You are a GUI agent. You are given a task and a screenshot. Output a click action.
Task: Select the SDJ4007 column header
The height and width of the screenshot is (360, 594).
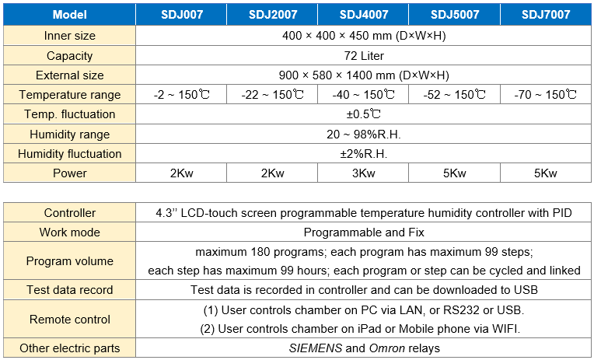pos(363,15)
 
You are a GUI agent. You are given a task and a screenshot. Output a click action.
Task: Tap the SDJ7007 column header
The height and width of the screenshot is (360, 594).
pos(545,15)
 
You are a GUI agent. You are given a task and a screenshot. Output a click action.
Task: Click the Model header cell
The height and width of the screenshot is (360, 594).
pos(70,15)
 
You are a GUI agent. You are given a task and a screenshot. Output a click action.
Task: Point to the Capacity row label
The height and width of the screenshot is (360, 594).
pos(70,56)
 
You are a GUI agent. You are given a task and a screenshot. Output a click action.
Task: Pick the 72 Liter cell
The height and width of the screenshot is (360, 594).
pos(363,56)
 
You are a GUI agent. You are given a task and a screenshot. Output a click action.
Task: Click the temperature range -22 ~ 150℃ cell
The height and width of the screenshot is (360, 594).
pos(272,95)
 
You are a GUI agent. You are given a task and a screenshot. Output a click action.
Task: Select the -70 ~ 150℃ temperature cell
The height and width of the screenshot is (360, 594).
pos(545,95)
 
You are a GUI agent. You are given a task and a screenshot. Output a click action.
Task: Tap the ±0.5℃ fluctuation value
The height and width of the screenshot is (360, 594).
pos(363,114)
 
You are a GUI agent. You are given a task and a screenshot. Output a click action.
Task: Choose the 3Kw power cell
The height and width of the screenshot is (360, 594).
pos(363,173)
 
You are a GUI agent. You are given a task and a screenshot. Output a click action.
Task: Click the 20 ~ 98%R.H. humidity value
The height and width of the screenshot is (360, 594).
pos(363,134)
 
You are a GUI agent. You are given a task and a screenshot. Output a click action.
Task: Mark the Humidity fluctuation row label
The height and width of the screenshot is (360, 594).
pos(70,153)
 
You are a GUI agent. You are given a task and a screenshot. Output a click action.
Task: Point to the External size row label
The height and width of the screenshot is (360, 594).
pos(70,75)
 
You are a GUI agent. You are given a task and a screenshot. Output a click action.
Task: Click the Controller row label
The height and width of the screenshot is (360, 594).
pos(70,212)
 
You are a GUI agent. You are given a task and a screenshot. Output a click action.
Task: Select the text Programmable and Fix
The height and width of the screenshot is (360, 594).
pos(363,232)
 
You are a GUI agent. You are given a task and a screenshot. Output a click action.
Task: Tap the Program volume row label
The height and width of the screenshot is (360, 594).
pos(70,260)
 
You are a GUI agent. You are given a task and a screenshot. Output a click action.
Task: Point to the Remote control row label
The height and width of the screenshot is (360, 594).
pos(70,319)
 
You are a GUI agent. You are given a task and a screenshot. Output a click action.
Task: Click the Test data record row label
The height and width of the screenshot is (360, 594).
pos(70,290)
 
